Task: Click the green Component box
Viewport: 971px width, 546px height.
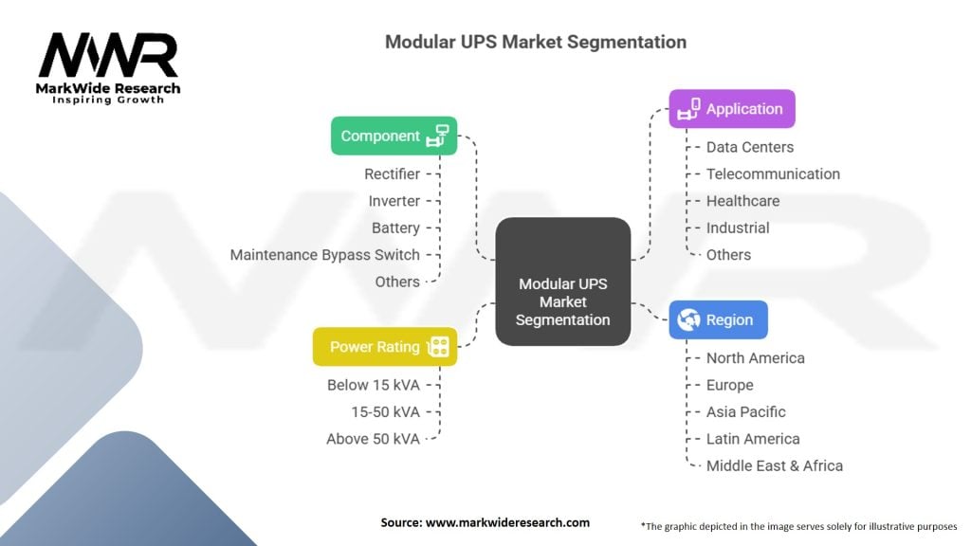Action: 394,136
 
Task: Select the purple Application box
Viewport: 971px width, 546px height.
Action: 732,109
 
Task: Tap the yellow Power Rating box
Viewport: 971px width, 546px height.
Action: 385,347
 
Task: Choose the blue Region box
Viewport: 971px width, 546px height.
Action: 719,320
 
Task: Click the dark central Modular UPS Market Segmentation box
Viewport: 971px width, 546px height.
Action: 563,282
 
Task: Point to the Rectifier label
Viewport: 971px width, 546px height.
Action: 392,174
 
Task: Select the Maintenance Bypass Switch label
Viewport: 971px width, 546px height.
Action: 325,255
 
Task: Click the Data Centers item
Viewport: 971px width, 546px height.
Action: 750,147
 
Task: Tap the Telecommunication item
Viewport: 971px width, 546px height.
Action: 774,174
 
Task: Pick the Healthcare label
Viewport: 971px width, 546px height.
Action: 743,201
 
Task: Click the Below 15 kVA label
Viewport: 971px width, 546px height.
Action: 374,385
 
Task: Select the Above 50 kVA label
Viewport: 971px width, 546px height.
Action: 374,439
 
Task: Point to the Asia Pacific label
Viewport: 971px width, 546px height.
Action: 746,411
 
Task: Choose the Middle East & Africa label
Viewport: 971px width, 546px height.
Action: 775,465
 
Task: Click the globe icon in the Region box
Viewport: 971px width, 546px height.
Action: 688,320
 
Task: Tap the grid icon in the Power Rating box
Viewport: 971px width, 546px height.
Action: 438,347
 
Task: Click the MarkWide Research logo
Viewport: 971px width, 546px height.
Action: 108,68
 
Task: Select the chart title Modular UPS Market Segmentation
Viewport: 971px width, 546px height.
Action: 536,42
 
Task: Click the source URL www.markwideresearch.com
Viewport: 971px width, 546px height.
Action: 508,522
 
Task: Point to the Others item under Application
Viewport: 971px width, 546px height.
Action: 729,255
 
